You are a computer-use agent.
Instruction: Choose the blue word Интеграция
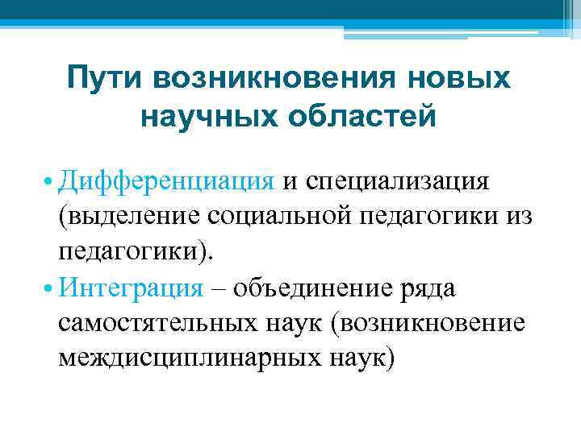[130, 288]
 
